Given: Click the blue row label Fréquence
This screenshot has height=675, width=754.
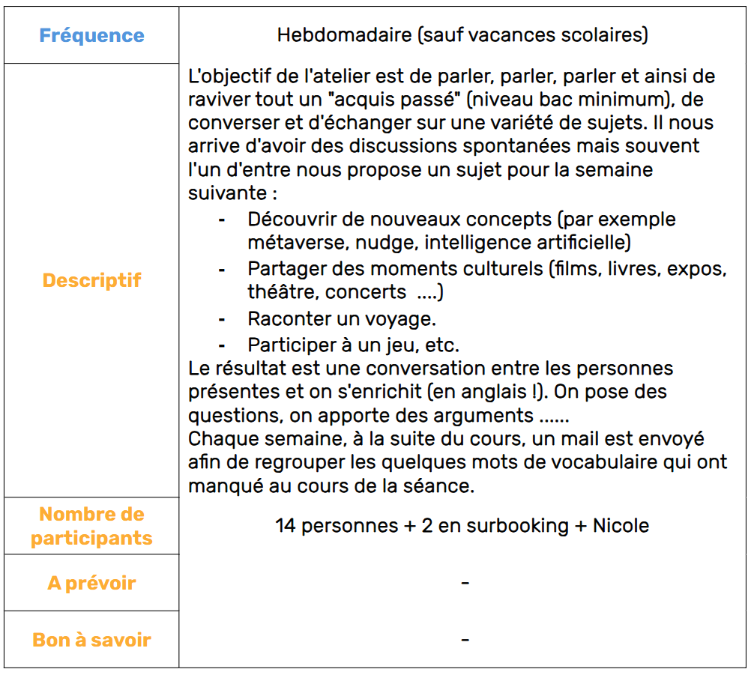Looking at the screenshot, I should (91, 35).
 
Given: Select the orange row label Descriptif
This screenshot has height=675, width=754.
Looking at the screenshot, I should (91, 280).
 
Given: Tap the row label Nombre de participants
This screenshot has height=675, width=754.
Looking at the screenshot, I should (91, 526).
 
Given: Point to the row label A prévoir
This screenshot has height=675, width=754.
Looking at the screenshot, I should (91, 583).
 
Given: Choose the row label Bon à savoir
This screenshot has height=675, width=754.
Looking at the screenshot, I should (91, 640).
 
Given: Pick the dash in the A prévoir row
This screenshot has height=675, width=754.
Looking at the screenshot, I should (465, 582).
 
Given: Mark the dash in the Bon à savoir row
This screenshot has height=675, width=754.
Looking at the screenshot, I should (465, 639).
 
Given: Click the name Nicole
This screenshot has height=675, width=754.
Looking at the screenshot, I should (621, 526).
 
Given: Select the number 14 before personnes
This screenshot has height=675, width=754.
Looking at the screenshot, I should (286, 526).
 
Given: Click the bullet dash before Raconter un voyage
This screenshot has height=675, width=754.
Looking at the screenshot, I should (222, 319).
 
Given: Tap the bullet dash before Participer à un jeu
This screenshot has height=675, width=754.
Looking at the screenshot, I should (222, 345).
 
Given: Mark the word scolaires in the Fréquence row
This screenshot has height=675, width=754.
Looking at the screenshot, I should (605, 35).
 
